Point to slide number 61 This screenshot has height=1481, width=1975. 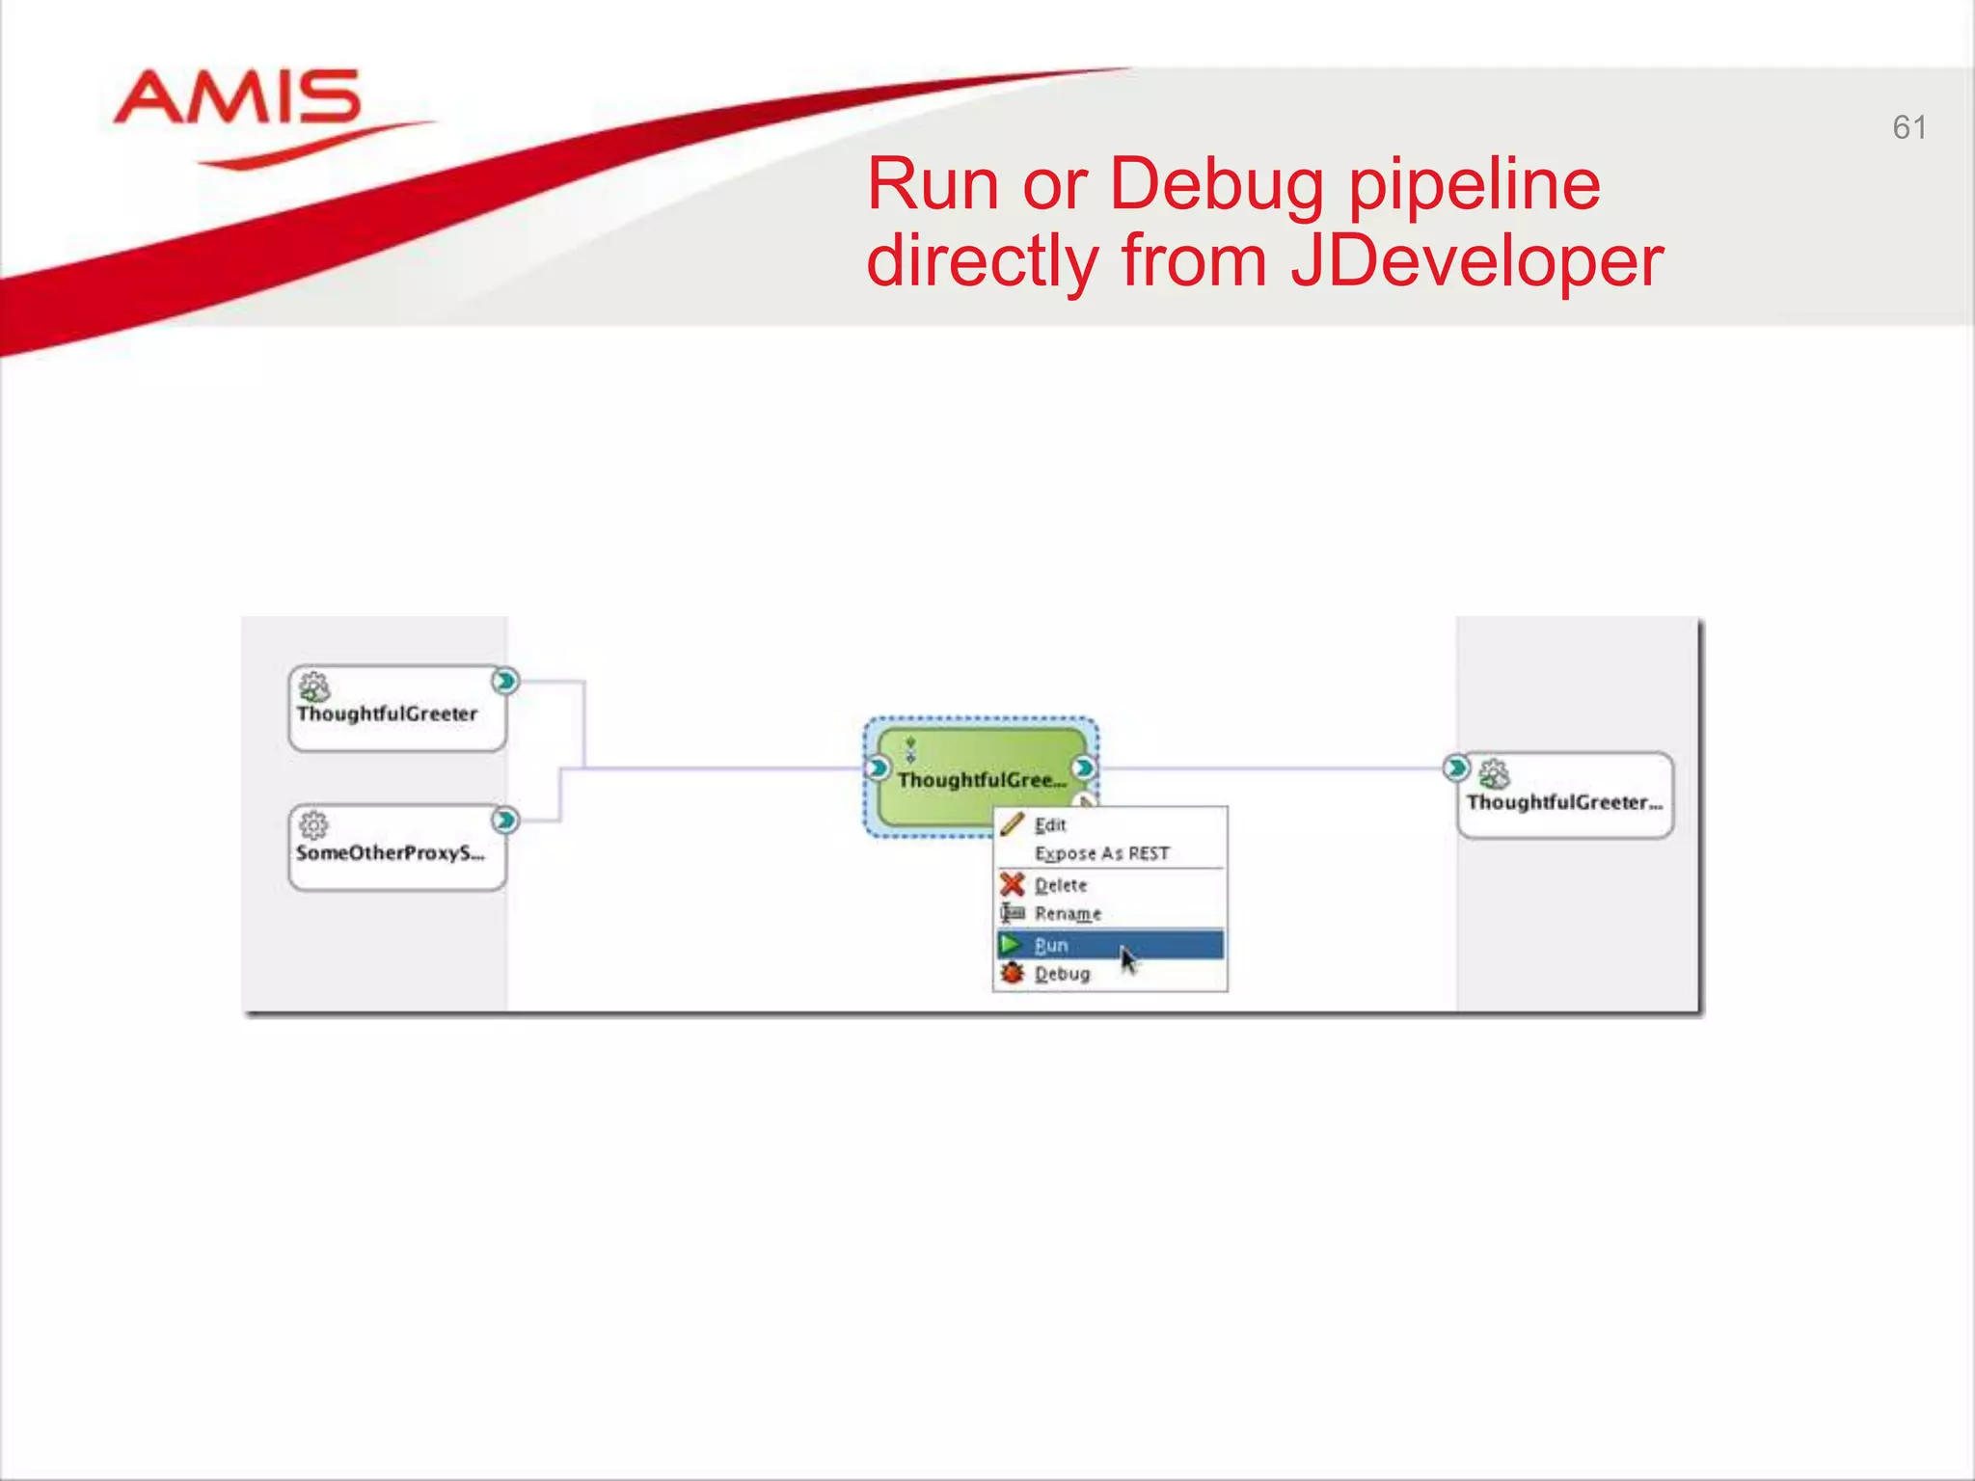tap(1908, 127)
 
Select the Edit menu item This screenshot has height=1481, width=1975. tap(1050, 825)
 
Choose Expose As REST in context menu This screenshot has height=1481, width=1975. tap(1101, 853)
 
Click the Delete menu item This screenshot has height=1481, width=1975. tap(1060, 885)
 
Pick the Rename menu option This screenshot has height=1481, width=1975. tap(1067, 913)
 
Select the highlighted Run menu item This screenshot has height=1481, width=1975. tap(1051, 945)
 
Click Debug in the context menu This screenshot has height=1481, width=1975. tap(1062, 974)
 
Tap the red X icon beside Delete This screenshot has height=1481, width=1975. tap(1012, 884)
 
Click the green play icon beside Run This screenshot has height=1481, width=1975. tap(1011, 944)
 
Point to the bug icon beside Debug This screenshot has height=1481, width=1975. tap(1012, 973)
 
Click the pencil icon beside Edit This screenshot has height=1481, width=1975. tap(1012, 824)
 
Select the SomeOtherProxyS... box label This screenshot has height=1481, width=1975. tap(390, 853)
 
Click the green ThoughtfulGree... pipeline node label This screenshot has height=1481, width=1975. tap(981, 780)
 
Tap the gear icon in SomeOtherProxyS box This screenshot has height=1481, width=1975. tap(313, 825)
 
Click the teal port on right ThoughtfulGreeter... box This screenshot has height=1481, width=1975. tap(1456, 768)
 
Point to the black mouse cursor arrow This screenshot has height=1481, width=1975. tap(1127, 960)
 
